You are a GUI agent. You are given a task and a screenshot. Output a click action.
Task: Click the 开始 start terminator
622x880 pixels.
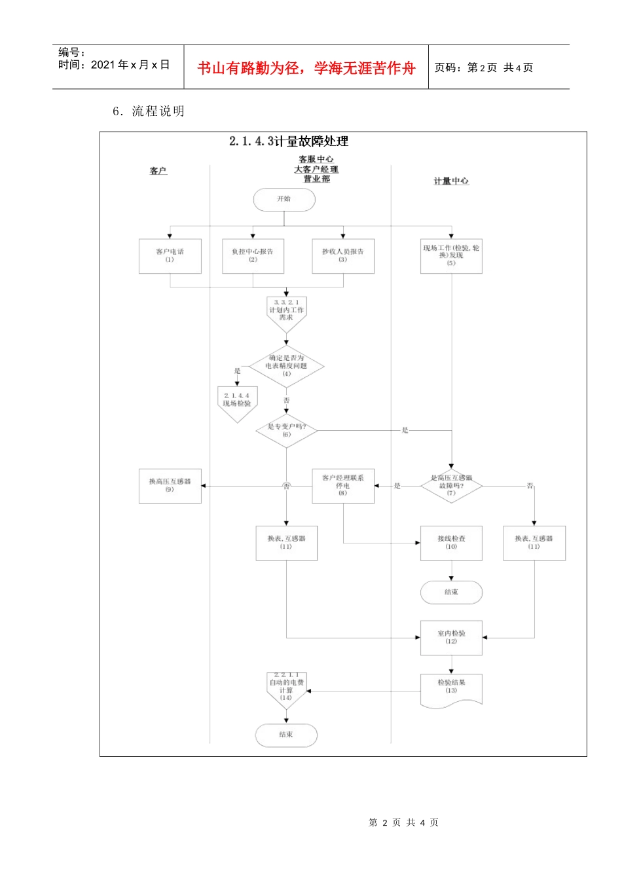pyautogui.click(x=284, y=200)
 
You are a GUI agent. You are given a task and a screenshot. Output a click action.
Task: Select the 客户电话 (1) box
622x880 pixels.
pyautogui.click(x=170, y=255)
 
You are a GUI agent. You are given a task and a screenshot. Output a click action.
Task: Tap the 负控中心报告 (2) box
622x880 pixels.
pyautogui.click(x=253, y=255)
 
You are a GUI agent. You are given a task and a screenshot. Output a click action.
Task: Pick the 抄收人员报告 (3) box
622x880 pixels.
pyautogui.click(x=343, y=255)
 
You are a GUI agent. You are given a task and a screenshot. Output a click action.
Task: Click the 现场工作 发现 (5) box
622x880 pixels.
pyautogui.click(x=451, y=255)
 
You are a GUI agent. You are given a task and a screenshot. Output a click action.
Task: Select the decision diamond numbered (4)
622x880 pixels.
pyautogui.click(x=286, y=366)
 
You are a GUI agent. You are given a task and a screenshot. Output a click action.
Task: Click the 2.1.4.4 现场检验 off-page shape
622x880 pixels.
pyautogui.click(x=237, y=401)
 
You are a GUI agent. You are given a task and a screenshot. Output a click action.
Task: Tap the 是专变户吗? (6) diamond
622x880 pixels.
pyautogui.click(x=286, y=430)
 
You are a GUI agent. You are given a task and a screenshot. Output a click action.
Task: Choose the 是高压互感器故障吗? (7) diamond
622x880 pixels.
pyautogui.click(x=451, y=486)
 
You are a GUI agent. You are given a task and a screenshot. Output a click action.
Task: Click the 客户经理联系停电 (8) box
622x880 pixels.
pyautogui.click(x=343, y=486)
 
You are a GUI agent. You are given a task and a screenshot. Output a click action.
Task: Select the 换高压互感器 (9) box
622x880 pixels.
pyautogui.click(x=170, y=486)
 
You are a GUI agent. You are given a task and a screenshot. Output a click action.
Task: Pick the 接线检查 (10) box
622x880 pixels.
pyautogui.click(x=451, y=543)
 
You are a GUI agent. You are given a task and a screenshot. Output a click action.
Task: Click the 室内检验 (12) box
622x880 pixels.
pyautogui.click(x=451, y=638)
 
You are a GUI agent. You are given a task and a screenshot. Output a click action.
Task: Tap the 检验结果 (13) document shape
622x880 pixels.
pyautogui.click(x=451, y=689)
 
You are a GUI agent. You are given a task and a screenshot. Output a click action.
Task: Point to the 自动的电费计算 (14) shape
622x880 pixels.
pyautogui.click(x=286, y=689)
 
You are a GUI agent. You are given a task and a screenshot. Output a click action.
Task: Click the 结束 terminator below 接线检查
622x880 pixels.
pyautogui.click(x=451, y=592)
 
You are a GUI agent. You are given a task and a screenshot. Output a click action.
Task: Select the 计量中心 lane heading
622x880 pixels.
pyautogui.click(x=451, y=181)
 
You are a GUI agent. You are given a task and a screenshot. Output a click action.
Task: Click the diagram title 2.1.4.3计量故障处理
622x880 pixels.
pyautogui.click(x=289, y=141)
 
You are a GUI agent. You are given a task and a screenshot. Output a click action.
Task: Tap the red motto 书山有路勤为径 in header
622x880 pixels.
pyautogui.click(x=306, y=68)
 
